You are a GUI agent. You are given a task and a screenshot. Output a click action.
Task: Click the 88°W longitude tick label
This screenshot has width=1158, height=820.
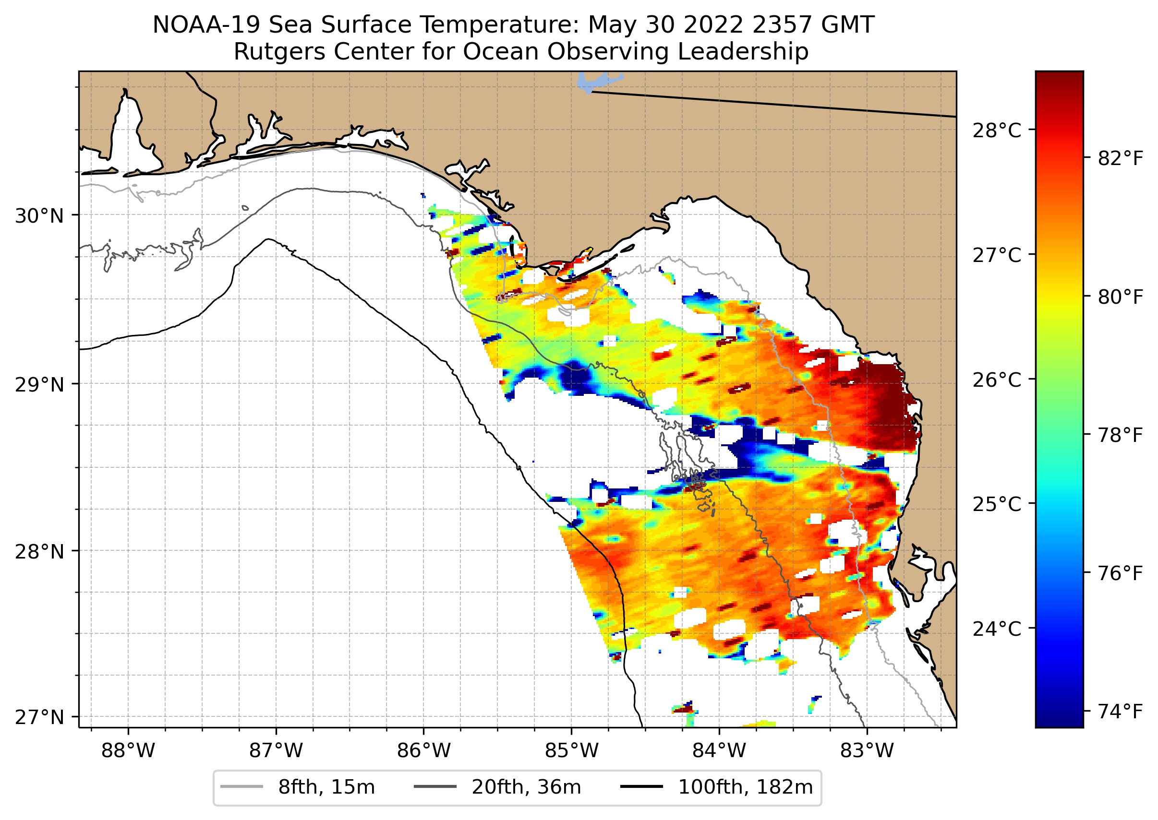128,751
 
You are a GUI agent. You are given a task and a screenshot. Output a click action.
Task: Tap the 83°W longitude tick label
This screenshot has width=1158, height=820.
867,751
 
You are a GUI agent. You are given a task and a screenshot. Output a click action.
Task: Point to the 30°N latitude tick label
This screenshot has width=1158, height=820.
39,216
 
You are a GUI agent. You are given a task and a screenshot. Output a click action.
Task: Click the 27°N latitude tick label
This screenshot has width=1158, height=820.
39,717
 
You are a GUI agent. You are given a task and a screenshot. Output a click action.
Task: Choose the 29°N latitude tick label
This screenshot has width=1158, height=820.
39,385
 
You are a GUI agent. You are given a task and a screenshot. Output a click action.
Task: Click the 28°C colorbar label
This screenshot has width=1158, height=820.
996,131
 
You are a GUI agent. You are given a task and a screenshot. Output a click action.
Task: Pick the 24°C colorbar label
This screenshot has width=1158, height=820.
996,629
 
